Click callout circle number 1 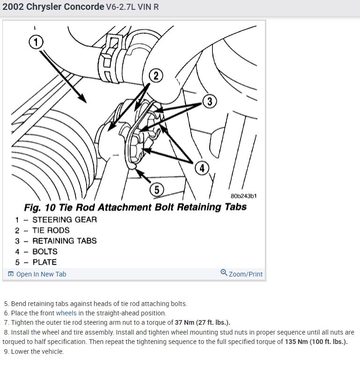click(36, 42)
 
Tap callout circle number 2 click(156, 75)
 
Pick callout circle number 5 click(156, 189)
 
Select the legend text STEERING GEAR click(65, 219)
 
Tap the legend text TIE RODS click(51, 230)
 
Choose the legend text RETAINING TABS click(65, 241)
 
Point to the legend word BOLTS click(45, 252)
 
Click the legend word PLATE click(44, 262)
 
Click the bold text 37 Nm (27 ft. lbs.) click(202, 322)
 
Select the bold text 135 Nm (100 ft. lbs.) click(316, 342)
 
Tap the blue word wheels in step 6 click(65, 313)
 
